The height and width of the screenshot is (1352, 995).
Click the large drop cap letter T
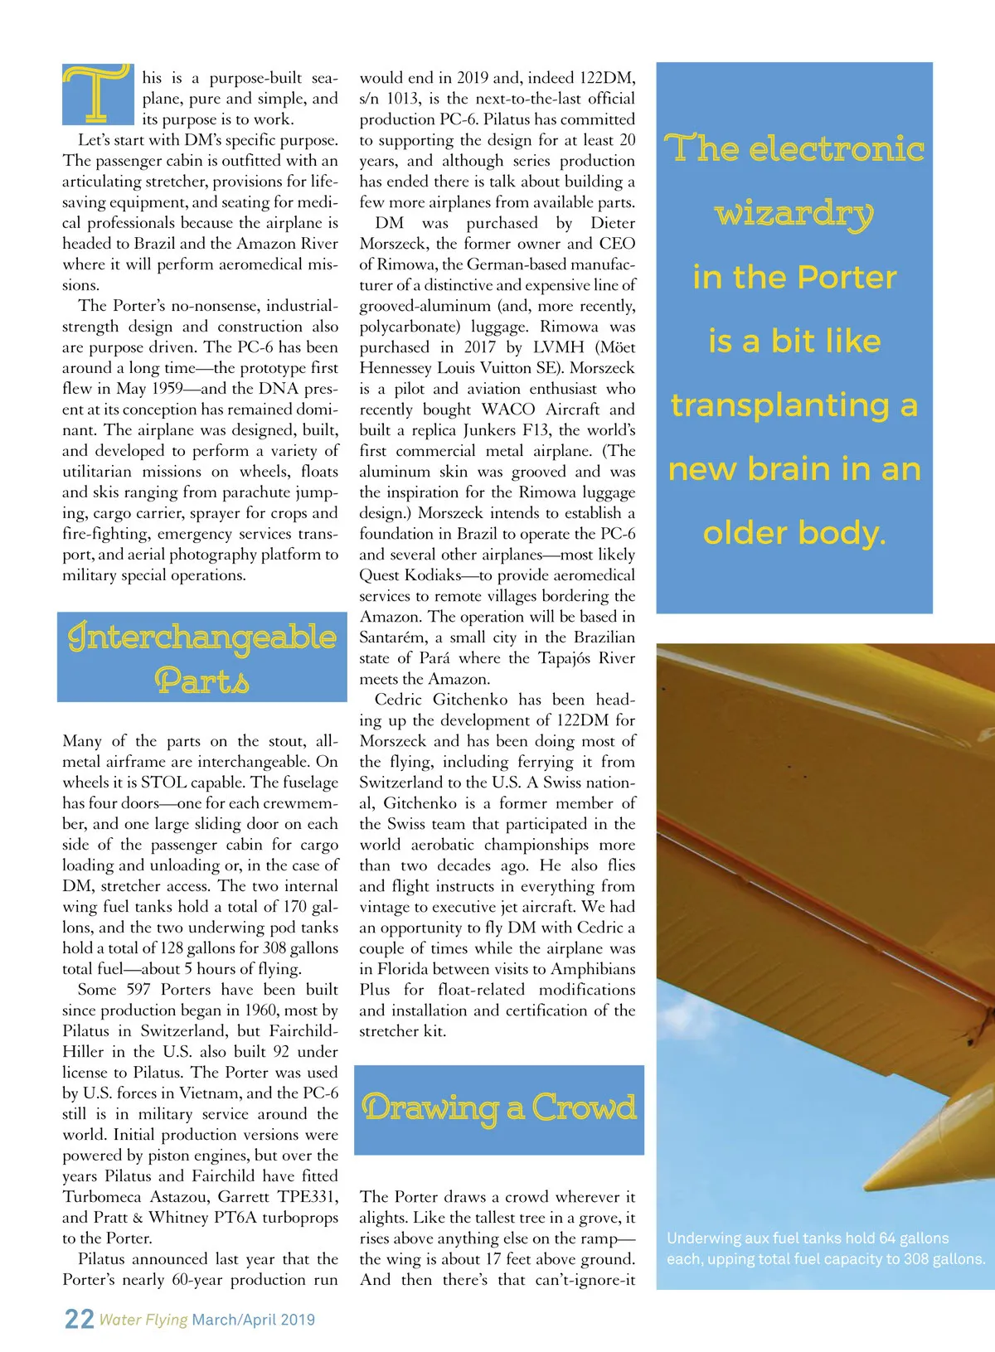(x=97, y=93)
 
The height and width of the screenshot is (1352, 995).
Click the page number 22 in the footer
(x=79, y=1319)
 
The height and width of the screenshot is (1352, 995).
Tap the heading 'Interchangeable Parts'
(x=202, y=657)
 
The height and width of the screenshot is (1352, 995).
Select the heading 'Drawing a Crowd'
(x=499, y=1109)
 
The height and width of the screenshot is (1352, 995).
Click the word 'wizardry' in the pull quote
(x=794, y=214)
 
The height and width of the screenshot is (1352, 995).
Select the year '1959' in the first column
(x=166, y=389)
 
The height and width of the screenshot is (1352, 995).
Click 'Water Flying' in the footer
(x=143, y=1320)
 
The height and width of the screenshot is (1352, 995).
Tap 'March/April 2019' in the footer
(x=253, y=1320)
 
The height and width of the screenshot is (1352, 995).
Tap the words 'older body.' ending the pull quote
(x=794, y=533)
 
